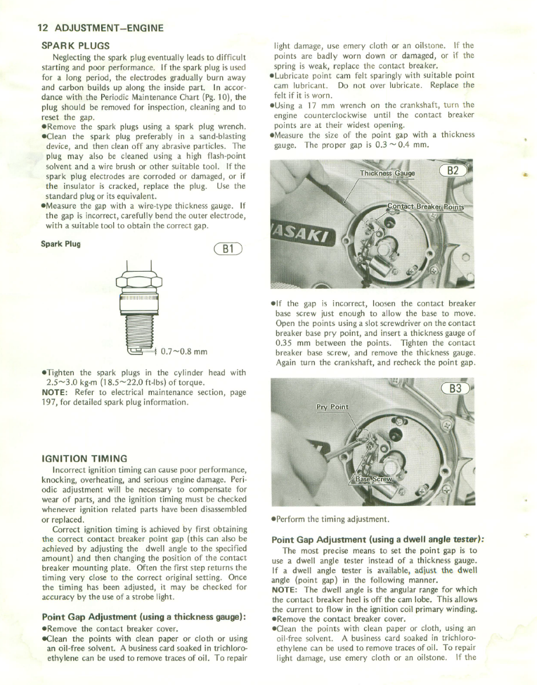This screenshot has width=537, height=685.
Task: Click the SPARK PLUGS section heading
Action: pyautogui.click(x=76, y=45)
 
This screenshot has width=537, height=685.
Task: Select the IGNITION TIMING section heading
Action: pyautogui.click(x=85, y=458)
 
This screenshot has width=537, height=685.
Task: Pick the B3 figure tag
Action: pyautogui.click(x=455, y=389)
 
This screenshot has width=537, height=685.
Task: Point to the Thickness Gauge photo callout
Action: pyautogui.click(x=388, y=174)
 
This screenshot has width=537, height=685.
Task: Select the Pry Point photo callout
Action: pyautogui.click(x=332, y=406)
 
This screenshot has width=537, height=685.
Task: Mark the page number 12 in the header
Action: pyautogui.click(x=42, y=27)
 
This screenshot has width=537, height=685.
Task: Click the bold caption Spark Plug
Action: pyautogui.click(x=61, y=244)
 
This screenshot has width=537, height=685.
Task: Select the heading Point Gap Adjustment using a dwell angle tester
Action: pyautogui.click(x=378, y=539)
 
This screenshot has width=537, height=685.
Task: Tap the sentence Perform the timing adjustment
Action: pyautogui.click(x=332, y=519)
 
